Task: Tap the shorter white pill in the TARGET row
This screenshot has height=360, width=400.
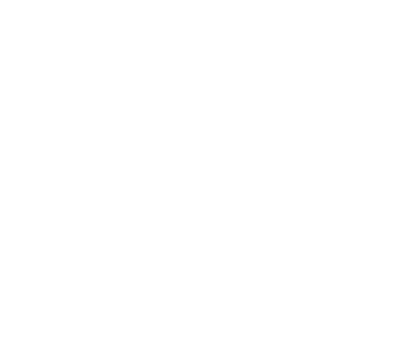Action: pyautogui.click(x=83, y=105)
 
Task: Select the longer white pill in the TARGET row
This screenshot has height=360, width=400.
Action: pyautogui.click(x=287, y=105)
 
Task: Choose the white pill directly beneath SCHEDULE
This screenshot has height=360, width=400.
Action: pyautogui.click(x=83, y=207)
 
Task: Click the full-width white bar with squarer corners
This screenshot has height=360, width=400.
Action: pyautogui.click(x=199, y=281)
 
